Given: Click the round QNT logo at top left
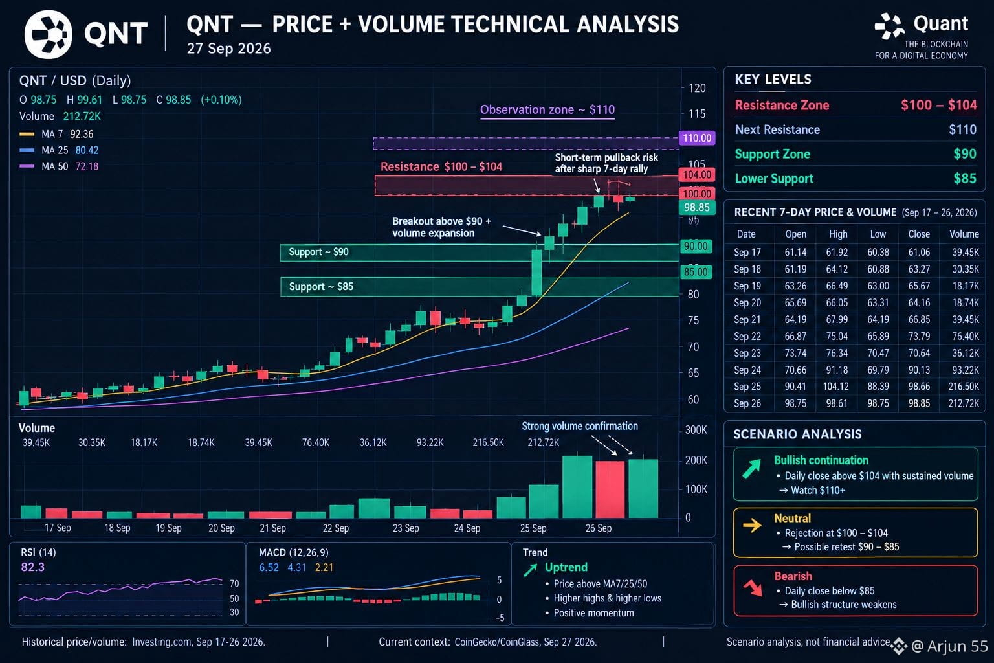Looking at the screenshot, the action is coord(49,34).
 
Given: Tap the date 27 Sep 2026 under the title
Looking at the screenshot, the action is coord(228,49).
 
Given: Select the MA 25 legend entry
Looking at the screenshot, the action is coord(59,150).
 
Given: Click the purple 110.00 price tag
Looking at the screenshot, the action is coord(697,138).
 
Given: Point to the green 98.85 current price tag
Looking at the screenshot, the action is coord(697,207).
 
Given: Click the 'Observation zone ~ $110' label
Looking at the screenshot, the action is coord(547,109).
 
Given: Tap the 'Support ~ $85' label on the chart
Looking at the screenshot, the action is coord(321,286).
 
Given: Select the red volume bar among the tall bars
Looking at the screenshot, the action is coord(610,489).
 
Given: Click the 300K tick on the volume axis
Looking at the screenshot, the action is coord(696,430).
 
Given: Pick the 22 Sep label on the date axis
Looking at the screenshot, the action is coord(335,528).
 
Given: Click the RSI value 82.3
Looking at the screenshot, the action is coord(33,567).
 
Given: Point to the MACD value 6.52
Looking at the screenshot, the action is coord(269,568).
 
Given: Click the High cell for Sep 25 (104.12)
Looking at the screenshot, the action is coord(835,387).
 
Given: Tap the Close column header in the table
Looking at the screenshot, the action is coord(918,234).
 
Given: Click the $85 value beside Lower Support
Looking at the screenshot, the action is coord(965,179).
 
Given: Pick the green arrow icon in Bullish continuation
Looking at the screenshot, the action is coord(752,469).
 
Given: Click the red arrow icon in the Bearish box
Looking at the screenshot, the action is coord(753,587).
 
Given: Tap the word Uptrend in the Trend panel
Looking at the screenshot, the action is coord(566,568).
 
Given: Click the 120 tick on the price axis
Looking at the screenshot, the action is coord(697,88).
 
